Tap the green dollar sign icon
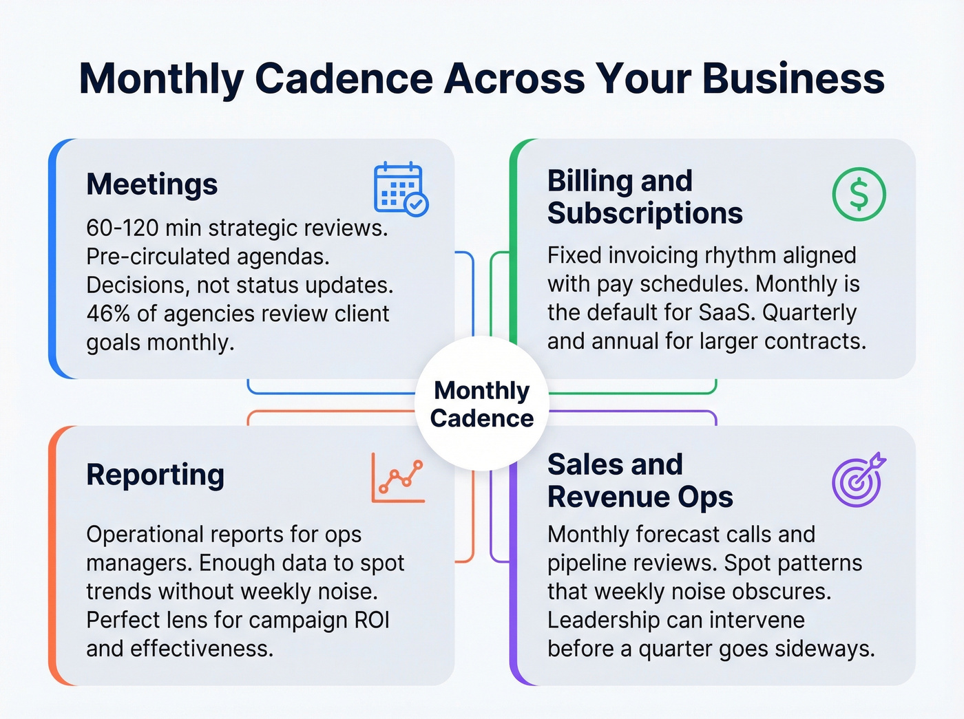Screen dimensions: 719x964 tap(859, 194)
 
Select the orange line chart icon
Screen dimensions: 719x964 tap(398, 477)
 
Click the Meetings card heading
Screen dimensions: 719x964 tap(152, 184)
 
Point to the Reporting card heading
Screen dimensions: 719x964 tap(156, 475)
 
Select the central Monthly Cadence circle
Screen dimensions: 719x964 tap(482, 405)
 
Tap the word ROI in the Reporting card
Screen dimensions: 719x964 tap(372, 620)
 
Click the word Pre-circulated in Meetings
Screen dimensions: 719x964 tap(158, 257)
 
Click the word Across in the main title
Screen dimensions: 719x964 tap(514, 78)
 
